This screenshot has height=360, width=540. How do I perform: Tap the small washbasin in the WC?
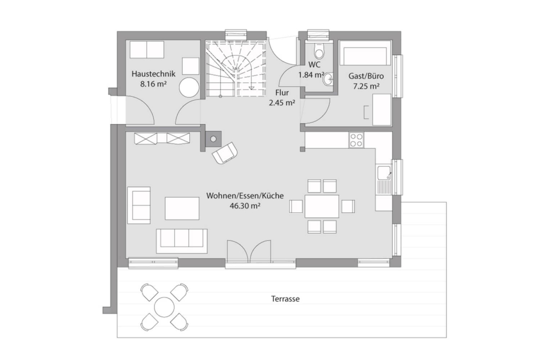coord(329,80)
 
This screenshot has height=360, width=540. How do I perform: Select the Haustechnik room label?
coord(154,74)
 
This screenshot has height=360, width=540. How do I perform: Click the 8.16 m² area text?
coord(154,84)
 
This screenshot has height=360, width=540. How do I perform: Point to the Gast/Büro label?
coord(366,76)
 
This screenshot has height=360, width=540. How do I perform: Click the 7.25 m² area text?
coord(366,86)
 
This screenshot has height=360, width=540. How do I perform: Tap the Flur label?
coord(282,93)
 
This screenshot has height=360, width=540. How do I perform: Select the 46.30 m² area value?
coord(245,206)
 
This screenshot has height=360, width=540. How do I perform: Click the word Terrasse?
coord(286,299)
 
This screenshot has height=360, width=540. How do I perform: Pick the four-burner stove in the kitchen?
coord(356,140)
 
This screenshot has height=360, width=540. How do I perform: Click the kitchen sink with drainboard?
coord(384,182)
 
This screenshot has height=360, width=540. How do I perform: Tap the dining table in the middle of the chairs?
coord(322,206)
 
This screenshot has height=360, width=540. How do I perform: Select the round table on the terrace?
coord(165,307)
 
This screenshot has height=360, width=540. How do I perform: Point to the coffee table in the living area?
coord(182,208)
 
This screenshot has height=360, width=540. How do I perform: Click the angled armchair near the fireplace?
coord(225,152)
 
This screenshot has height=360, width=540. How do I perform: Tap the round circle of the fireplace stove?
coord(213,139)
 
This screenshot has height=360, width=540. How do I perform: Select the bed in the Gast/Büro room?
coord(365,52)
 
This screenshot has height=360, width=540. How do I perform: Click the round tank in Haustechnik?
coord(189,88)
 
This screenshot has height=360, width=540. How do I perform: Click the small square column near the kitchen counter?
coord(303,149)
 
